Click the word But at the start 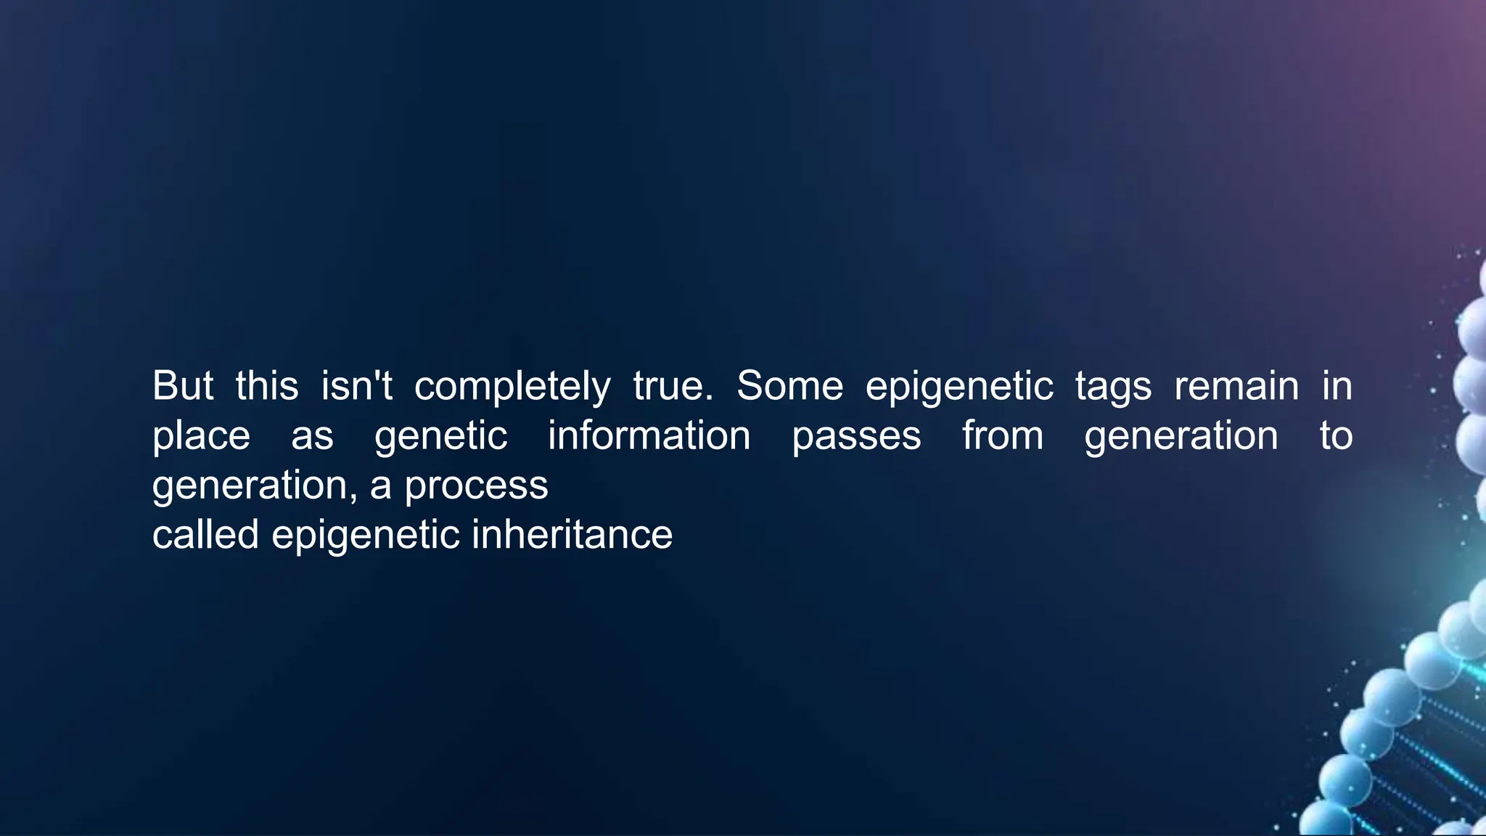182,385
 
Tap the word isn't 356,385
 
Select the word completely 512,387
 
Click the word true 673,385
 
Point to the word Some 789,385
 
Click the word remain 1236,385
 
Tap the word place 201,437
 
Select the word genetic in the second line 440,437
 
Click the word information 649,435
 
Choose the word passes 856,437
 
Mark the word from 1003,435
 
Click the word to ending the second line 1335,435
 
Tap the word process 476,486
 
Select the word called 205,535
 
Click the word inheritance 572,535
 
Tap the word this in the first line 266,385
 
